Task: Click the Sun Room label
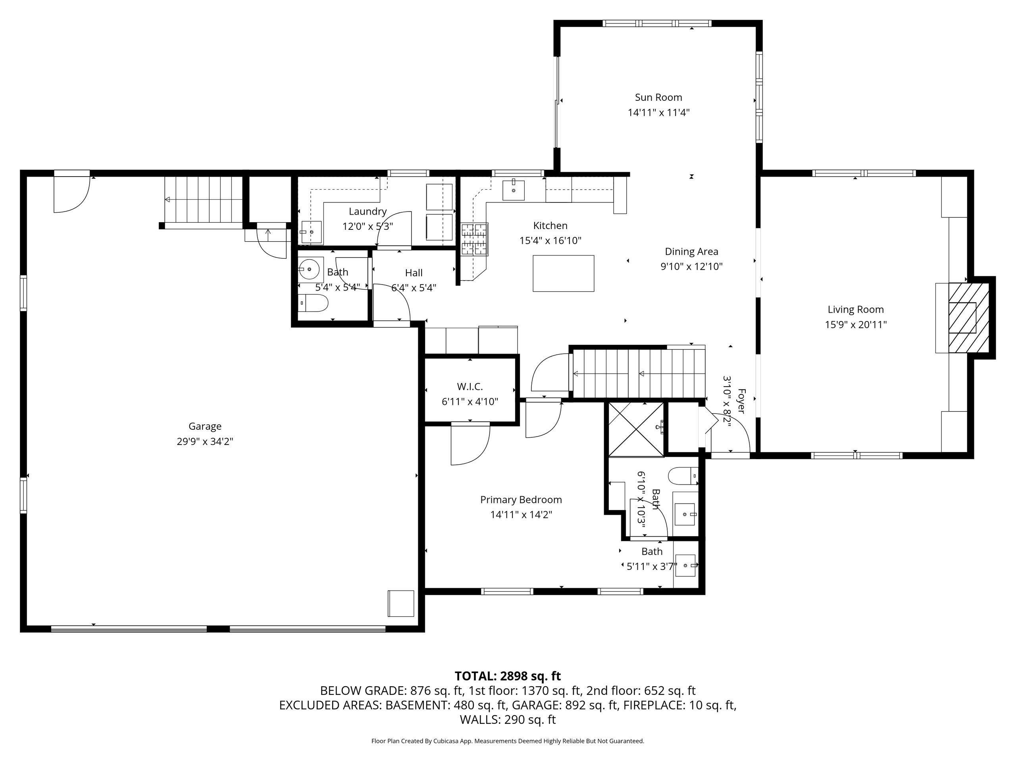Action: click(658, 97)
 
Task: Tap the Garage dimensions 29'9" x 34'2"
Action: click(205, 441)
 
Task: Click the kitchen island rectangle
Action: click(563, 273)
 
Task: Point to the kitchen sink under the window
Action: click(514, 190)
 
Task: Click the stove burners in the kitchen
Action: click(475, 239)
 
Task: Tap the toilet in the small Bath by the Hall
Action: click(313, 303)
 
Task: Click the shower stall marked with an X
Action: click(636, 429)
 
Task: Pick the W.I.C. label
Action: click(470, 387)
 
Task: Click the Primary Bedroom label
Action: click(521, 500)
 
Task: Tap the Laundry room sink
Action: click(312, 232)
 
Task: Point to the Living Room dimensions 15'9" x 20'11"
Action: click(855, 325)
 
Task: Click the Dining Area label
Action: click(691, 252)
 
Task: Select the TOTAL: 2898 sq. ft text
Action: click(508, 676)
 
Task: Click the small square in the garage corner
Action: click(401, 603)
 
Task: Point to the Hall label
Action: click(414, 273)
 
